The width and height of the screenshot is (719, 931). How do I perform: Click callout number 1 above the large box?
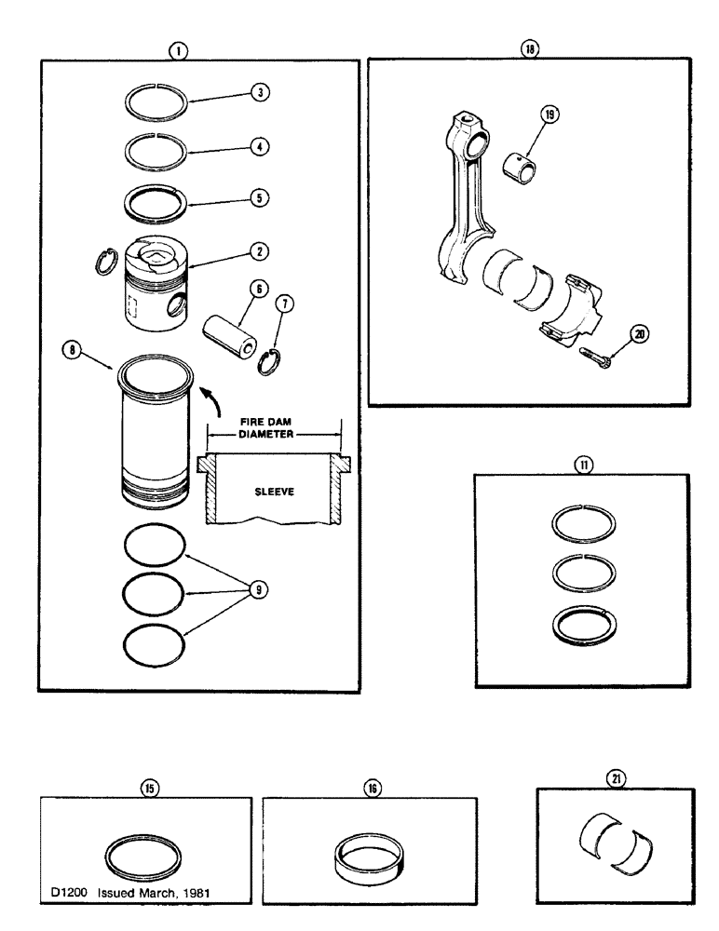(x=176, y=51)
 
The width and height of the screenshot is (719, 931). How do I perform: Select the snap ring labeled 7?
(x=269, y=361)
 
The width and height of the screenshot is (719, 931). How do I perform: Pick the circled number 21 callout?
(x=617, y=777)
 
